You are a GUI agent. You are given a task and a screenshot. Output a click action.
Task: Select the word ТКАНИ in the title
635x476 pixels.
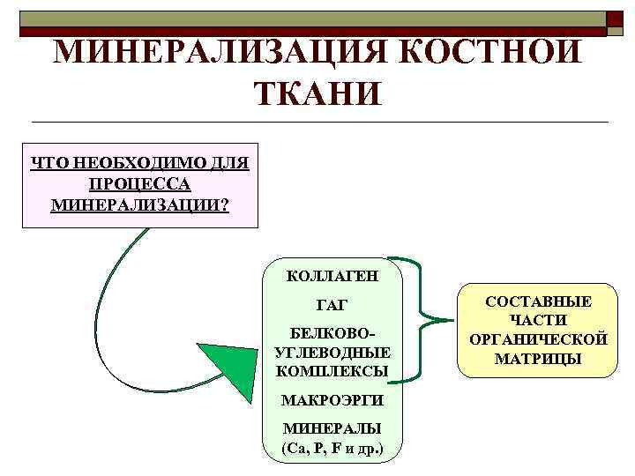click(318, 93)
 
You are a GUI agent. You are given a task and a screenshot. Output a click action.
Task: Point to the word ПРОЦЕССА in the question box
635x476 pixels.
click(139, 184)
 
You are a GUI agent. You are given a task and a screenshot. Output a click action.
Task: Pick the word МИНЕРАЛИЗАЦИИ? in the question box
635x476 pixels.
click(139, 205)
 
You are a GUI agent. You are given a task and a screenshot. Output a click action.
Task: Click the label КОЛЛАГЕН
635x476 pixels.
click(332, 276)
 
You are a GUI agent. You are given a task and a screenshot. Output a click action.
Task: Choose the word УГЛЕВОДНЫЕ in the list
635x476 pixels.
click(332, 353)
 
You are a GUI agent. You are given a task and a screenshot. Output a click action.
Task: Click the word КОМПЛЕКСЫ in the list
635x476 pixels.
click(332, 371)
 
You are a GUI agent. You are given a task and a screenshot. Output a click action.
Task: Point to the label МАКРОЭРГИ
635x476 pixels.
click(332, 400)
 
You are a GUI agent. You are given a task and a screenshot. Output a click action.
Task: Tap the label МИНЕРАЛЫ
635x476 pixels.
click(332, 429)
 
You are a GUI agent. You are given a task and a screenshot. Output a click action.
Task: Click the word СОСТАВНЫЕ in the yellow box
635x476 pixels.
click(538, 301)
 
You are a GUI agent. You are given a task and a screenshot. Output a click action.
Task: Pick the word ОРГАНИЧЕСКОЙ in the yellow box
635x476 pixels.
click(538, 339)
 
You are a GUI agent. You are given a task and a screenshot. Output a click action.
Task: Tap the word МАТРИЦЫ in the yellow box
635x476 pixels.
click(538, 359)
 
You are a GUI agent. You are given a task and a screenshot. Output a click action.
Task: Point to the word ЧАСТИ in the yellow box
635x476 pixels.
click(538, 321)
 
